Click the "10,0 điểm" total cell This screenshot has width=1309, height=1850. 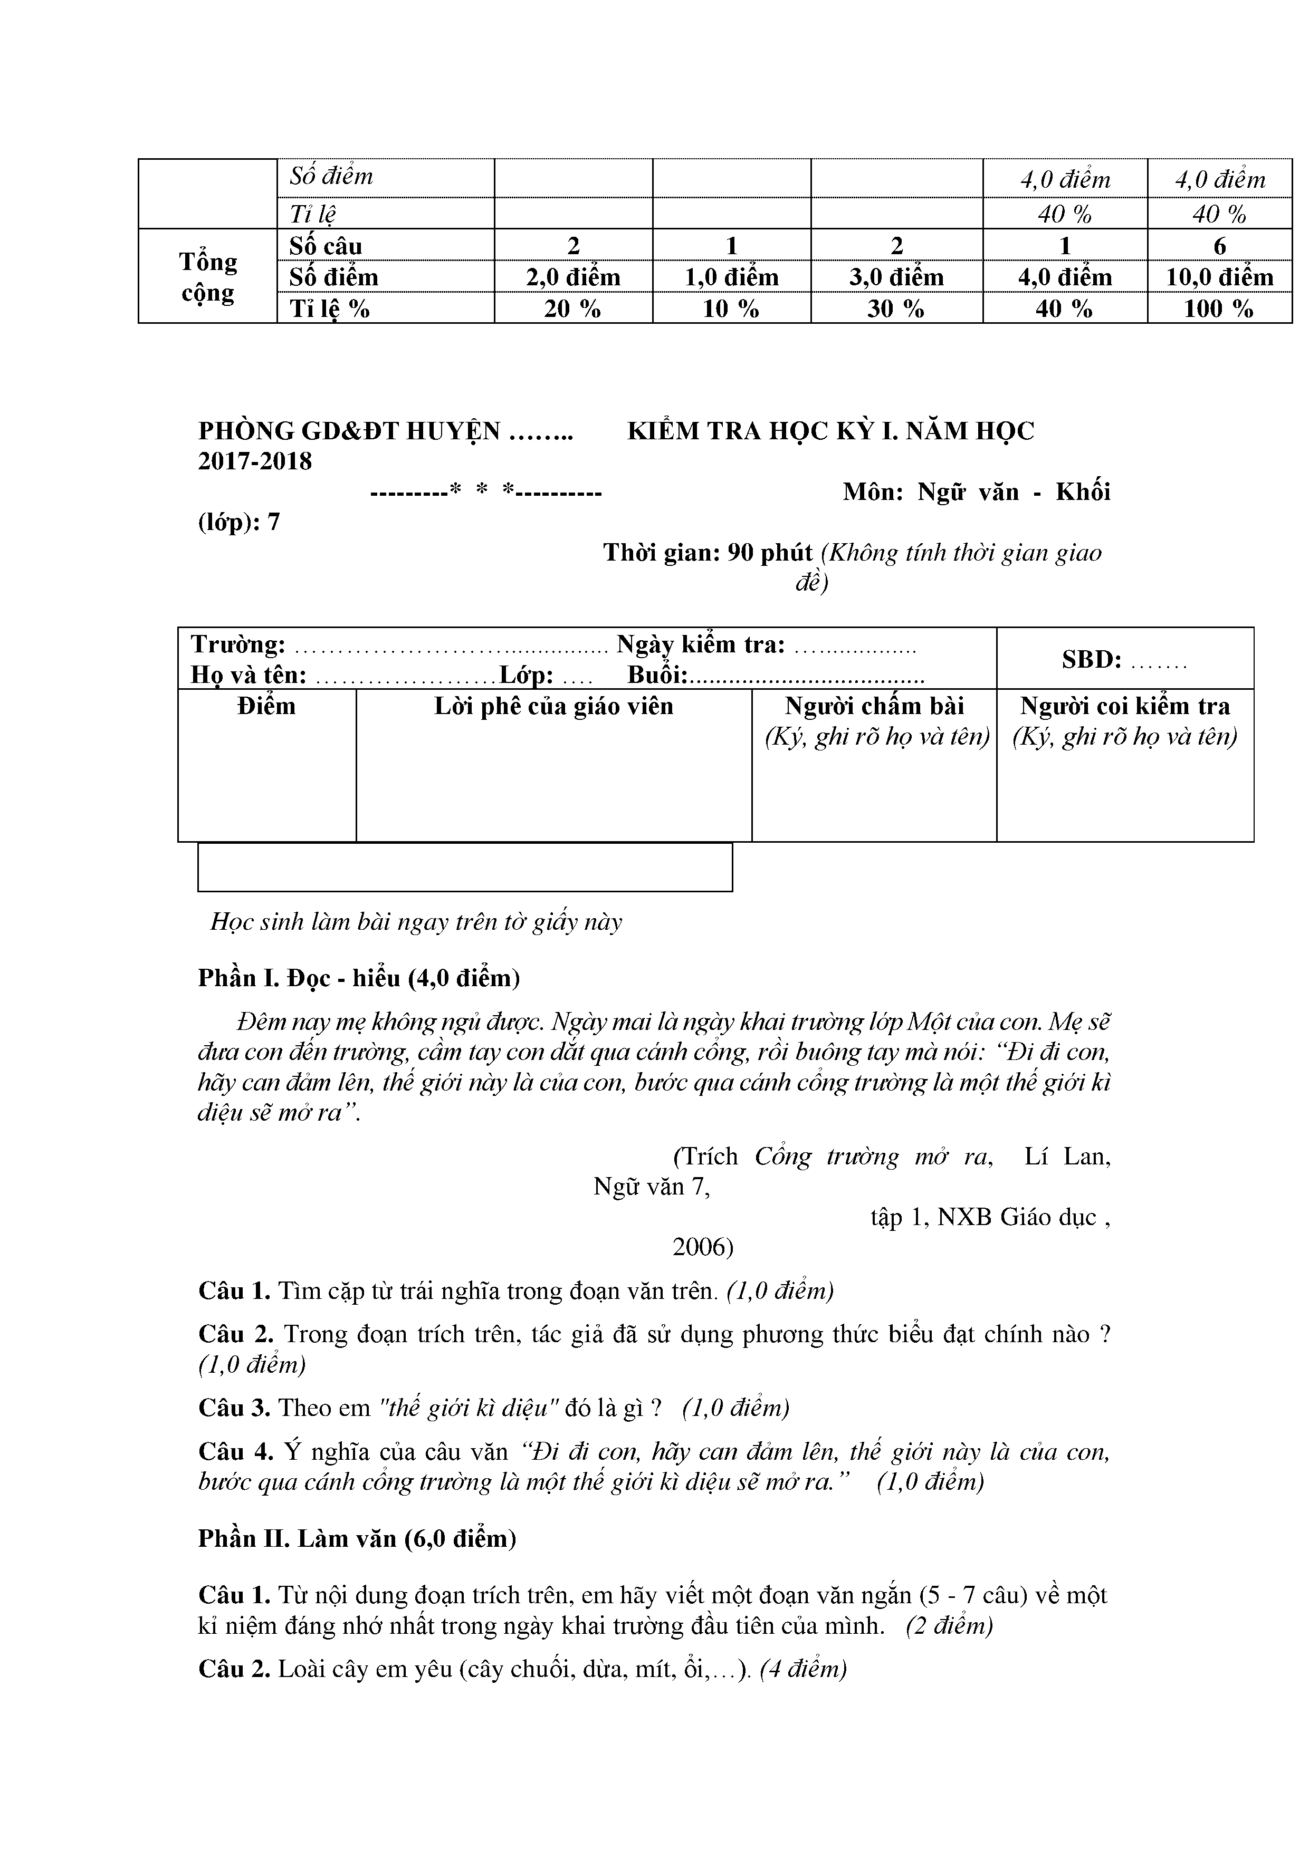(x=1219, y=277)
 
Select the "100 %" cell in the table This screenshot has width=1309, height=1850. (x=1219, y=309)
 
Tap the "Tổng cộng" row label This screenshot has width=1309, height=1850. (x=208, y=276)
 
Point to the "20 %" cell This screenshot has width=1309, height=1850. (x=572, y=309)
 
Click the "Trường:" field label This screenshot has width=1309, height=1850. (x=238, y=644)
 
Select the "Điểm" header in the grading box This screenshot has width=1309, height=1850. (x=267, y=707)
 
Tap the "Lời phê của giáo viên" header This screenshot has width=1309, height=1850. (x=554, y=707)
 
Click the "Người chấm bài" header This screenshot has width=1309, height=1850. (x=875, y=707)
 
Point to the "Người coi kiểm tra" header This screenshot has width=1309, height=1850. (x=1125, y=707)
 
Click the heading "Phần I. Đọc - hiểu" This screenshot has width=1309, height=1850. (x=359, y=978)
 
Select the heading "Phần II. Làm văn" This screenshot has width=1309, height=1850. (x=357, y=1539)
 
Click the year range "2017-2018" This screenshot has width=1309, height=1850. (x=255, y=461)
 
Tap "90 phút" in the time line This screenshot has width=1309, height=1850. (x=770, y=553)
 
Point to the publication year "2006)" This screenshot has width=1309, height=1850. (x=703, y=1247)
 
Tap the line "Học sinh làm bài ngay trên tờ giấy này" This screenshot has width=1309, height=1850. (x=416, y=922)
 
